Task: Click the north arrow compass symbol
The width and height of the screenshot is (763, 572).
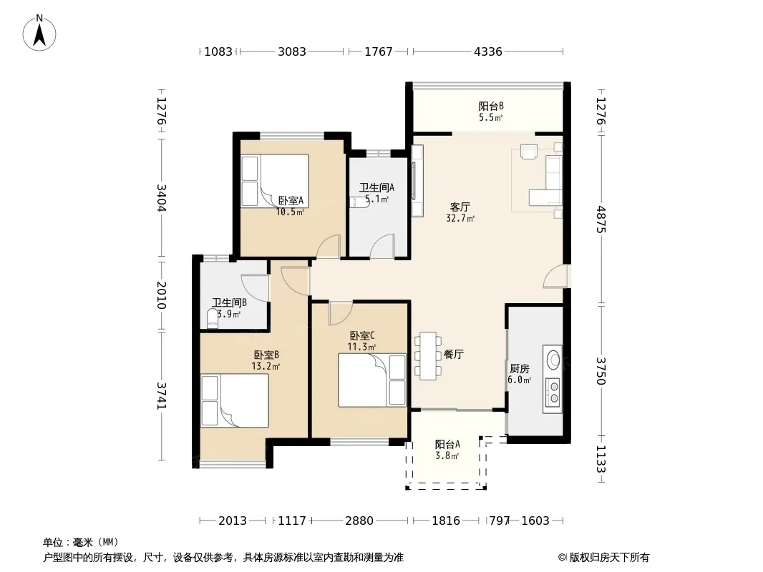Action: (x=39, y=33)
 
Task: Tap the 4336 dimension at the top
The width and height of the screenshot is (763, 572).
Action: (x=487, y=51)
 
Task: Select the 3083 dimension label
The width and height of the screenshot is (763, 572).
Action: (x=292, y=51)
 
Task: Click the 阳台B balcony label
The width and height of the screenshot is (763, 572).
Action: (x=491, y=106)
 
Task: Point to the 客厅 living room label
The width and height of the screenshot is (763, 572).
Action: (x=460, y=207)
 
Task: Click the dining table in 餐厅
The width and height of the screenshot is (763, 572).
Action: (x=428, y=356)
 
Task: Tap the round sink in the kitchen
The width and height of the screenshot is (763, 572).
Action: (x=553, y=360)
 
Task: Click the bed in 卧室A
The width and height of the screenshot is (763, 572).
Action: (x=276, y=181)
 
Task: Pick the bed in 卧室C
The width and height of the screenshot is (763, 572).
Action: (x=372, y=380)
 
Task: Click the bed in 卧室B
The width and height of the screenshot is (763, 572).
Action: (x=235, y=400)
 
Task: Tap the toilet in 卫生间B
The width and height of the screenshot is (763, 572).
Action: (x=213, y=319)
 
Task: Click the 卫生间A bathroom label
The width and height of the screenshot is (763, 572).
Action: (x=376, y=187)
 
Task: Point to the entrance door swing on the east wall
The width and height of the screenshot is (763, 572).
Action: (x=555, y=276)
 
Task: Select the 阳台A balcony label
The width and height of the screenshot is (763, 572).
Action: (x=447, y=444)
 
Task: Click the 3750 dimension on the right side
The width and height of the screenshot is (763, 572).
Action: (x=601, y=371)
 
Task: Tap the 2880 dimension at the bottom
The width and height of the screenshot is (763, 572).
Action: (x=359, y=521)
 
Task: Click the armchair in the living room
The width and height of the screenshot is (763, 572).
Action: (x=528, y=152)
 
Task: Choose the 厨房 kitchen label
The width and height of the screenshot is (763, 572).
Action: (x=519, y=369)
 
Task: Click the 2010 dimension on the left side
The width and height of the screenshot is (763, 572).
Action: (x=162, y=295)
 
